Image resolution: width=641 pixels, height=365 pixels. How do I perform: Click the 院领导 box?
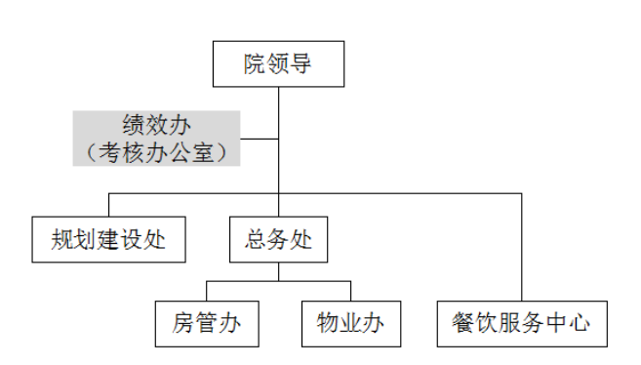(279, 64)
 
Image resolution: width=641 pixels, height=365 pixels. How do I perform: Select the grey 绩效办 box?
(156, 138)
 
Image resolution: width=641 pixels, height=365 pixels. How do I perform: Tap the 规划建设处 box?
(108, 240)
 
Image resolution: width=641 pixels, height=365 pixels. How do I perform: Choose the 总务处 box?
(279, 240)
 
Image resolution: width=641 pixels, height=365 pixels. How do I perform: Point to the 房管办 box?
(207, 323)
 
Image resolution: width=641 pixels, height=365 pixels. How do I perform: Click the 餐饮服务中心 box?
(522, 323)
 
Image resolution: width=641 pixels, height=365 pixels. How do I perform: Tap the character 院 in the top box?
(256, 64)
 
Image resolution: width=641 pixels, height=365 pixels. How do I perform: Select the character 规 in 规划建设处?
(62, 240)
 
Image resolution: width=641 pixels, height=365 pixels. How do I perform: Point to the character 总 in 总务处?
(257, 240)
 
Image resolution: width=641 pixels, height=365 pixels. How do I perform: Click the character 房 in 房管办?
(183, 323)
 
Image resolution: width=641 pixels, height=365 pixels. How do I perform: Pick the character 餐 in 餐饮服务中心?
(465, 323)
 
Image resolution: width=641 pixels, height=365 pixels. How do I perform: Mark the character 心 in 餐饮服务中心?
(580, 323)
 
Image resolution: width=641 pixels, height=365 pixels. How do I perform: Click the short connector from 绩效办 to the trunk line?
(260, 138)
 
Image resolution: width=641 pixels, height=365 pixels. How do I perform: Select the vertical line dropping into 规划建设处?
(108, 205)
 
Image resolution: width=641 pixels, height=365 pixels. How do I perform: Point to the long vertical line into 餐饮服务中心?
(522, 244)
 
